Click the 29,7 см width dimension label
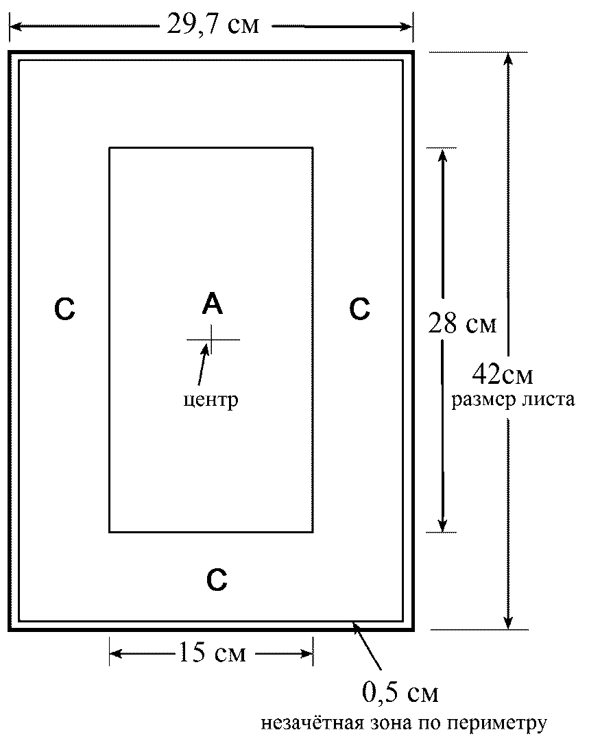[213, 26]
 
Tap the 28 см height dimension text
[461, 323]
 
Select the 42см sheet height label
[503, 375]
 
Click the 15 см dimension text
[212, 653]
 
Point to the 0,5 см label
[400, 693]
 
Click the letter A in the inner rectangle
[213, 303]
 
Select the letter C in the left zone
[64, 310]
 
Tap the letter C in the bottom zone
[217, 581]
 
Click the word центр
[211, 400]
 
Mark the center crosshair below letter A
[212, 339]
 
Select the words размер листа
[513, 400]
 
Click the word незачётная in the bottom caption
[307, 724]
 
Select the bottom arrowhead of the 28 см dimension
[443, 524]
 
